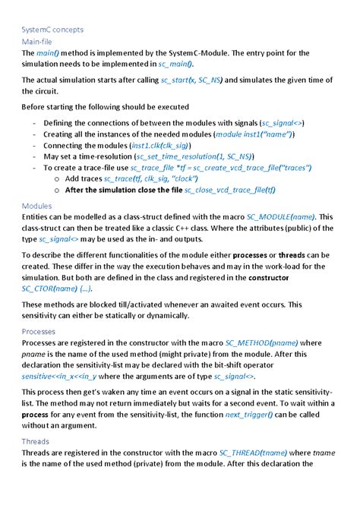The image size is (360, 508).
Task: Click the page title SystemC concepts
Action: (x=52, y=30)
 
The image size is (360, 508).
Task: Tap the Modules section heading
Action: (x=36, y=206)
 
